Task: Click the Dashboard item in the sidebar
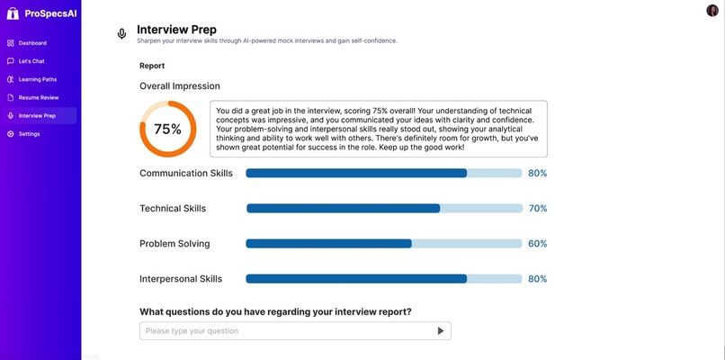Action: coord(32,43)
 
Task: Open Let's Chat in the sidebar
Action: coord(31,61)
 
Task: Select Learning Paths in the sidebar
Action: coord(37,79)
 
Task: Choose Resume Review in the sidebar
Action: coord(38,97)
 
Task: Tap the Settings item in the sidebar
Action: coord(29,134)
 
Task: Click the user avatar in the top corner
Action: coord(712,10)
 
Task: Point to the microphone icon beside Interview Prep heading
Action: coord(122,34)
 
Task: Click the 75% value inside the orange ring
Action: coord(167,129)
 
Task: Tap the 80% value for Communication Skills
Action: coord(538,173)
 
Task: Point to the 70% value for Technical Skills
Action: coord(538,208)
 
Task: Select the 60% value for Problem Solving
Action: coord(538,243)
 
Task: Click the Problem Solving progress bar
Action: coord(383,243)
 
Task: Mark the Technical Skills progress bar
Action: coord(384,208)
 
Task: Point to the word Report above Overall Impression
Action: coord(152,66)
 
